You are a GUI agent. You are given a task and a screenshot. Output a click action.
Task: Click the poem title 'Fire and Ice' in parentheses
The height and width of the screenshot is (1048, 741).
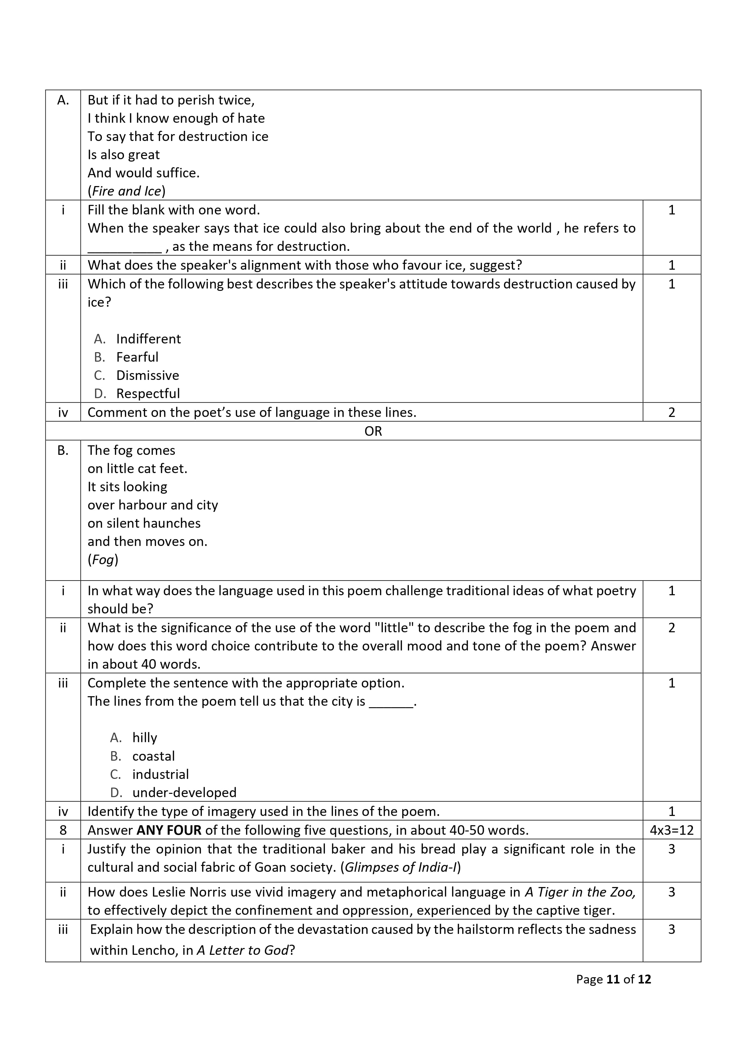126,191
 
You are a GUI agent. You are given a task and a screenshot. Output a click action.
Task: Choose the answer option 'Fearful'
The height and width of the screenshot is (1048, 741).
137,357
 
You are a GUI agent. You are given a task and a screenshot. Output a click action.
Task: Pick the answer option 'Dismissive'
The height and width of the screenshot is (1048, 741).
148,375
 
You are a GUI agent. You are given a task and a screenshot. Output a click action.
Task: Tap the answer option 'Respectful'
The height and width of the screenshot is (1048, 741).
148,393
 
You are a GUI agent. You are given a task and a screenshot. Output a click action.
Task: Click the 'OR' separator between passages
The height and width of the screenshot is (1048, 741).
373,431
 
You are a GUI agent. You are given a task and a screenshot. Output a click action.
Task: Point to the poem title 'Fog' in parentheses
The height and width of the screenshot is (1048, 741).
103,560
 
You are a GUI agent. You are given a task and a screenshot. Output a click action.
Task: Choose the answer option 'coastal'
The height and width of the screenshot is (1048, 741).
154,756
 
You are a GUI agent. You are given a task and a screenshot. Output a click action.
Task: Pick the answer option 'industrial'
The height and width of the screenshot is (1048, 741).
160,774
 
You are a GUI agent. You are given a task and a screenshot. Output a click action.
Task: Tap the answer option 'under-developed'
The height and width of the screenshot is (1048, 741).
184,792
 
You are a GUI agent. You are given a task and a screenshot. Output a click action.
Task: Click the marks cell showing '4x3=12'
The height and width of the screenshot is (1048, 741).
671,830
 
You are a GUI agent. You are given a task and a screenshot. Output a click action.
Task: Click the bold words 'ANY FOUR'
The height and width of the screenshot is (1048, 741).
169,830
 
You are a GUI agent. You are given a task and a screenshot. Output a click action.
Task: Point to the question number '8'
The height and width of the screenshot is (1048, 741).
63,830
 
